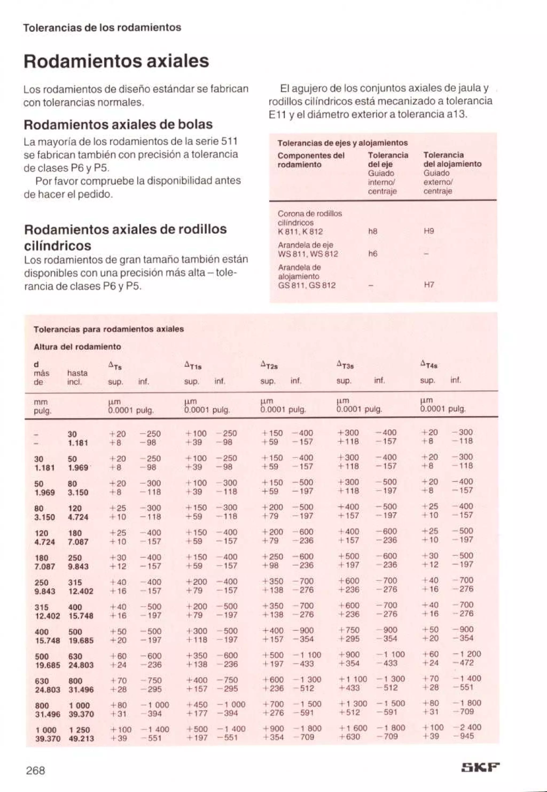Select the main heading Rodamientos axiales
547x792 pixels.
coord(116,61)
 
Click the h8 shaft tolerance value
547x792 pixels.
coord(373,231)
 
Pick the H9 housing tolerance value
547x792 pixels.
coord(429,231)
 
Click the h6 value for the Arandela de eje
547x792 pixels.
coord(373,254)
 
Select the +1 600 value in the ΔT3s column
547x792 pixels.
coord(353,728)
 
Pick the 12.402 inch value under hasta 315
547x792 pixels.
coord(81,591)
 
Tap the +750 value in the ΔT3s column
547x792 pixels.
coord(349,630)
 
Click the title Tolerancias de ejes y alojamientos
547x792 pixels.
coord(342,143)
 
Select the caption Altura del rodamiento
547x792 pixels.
coord(77,347)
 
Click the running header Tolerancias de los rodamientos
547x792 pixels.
coord(102,28)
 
